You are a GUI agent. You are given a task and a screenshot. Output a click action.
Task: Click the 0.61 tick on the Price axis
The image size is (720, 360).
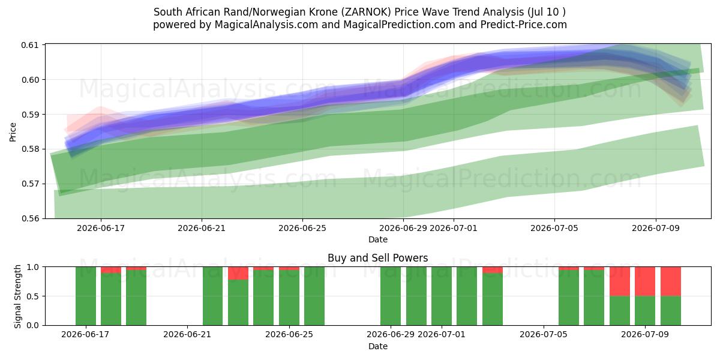29,44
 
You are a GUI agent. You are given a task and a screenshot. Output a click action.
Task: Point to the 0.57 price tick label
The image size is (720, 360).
29,184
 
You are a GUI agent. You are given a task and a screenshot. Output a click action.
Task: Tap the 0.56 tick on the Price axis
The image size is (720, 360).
29,218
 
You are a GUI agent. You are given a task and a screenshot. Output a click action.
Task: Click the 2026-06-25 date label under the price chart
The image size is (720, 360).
302,228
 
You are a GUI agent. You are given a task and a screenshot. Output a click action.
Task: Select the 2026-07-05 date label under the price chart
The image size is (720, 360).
554,228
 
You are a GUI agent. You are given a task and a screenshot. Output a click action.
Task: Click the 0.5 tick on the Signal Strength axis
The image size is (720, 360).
33,296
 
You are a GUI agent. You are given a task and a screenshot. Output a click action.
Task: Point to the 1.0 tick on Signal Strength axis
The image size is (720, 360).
33,267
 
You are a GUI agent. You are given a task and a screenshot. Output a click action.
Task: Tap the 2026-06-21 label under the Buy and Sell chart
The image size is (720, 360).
187,335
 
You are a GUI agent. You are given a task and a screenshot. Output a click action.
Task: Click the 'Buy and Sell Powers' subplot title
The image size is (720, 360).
377,258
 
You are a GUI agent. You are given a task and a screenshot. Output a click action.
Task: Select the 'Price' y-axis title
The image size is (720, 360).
13,132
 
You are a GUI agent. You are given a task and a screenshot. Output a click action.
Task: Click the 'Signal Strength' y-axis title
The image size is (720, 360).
17,296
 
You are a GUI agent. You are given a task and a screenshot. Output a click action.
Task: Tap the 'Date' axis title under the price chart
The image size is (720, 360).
377,239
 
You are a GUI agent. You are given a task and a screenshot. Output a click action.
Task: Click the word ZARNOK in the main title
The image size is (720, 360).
366,12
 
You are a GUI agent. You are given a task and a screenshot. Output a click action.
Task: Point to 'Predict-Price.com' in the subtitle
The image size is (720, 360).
524,25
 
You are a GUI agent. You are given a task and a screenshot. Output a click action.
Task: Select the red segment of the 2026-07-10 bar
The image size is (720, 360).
671,281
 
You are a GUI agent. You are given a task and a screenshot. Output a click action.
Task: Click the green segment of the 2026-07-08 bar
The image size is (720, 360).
620,311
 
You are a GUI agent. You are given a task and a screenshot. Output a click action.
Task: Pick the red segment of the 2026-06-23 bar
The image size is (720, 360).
238,273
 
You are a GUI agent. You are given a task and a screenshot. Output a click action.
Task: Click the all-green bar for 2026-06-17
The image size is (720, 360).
86,296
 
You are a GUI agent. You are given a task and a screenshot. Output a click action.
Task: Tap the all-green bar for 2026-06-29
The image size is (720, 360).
391,296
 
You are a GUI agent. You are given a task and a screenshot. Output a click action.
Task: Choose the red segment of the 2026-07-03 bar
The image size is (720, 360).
493,270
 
